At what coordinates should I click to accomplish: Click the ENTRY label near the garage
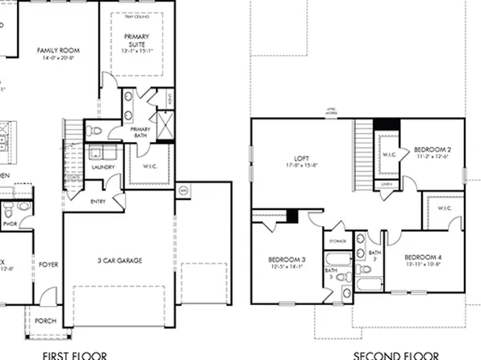(x=98, y=202)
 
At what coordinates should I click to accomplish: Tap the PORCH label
(x=47, y=321)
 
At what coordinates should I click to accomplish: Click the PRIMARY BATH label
(x=140, y=132)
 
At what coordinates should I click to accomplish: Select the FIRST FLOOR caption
(x=75, y=354)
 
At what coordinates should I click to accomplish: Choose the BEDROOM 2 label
(x=432, y=150)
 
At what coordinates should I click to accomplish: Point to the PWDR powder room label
(x=10, y=224)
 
